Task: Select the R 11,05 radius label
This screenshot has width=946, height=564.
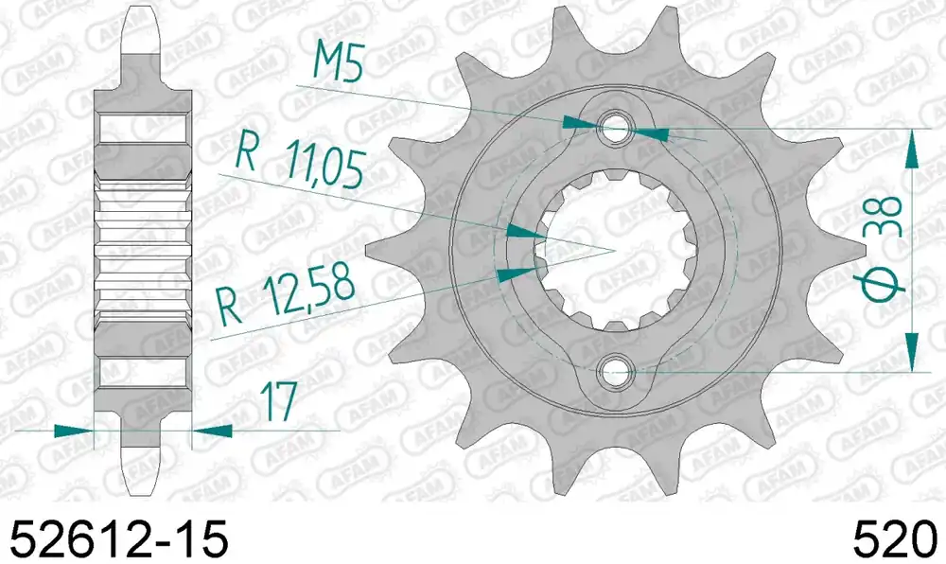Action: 300,161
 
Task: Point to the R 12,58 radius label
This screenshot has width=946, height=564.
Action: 286,297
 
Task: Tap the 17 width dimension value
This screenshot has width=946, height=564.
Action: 279,401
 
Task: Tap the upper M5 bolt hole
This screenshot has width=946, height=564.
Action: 614,127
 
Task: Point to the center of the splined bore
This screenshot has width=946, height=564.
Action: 616,249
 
